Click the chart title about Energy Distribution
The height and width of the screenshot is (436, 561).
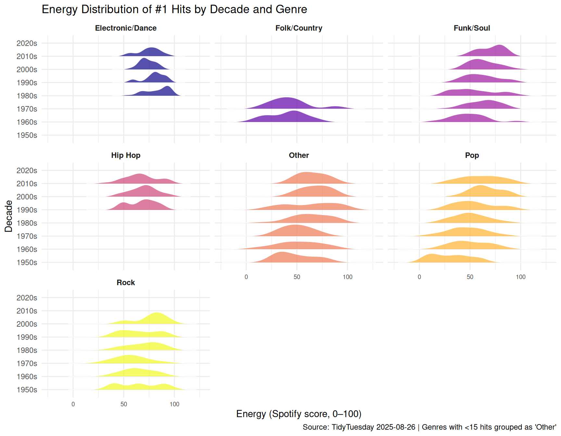174,9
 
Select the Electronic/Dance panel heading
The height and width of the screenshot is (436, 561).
126,28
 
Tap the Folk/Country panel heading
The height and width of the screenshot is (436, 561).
299,28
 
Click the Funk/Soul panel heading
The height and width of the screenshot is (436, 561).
472,28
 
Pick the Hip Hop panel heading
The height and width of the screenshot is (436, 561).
126,155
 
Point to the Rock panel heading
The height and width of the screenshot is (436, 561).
126,283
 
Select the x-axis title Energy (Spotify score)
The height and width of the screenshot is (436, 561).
299,414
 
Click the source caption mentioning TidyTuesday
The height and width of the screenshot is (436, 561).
429,427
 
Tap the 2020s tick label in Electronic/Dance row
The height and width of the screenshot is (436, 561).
27,43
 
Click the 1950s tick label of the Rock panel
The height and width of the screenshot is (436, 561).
27,390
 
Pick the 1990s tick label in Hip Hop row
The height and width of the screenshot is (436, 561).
27,210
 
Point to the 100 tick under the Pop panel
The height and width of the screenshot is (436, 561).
520,277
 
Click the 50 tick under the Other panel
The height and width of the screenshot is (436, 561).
297,277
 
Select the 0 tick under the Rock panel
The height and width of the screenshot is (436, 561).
73,404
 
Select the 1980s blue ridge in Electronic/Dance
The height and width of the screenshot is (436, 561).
167,91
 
